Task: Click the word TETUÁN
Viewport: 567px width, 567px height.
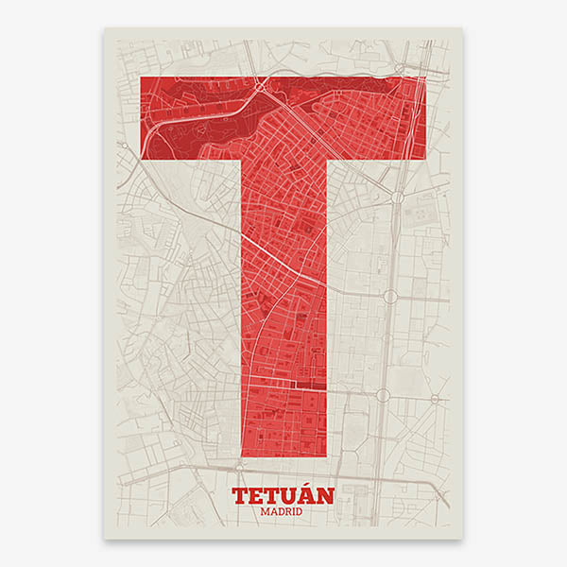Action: pyautogui.click(x=283, y=494)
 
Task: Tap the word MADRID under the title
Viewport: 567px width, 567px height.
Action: pyautogui.click(x=283, y=511)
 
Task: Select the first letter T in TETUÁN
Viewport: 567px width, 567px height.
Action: pyautogui.click(x=240, y=494)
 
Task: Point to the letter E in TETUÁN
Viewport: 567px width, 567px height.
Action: pyautogui.click(x=257, y=494)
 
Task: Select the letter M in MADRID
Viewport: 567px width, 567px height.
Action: pyautogui.click(x=265, y=511)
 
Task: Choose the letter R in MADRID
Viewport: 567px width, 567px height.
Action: pyautogui.click(x=287, y=511)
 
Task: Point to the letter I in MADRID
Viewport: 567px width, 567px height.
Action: pyautogui.click(x=294, y=511)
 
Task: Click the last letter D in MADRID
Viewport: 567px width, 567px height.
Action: pyautogui.click(x=301, y=511)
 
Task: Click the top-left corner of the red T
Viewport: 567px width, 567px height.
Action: pyautogui.click(x=142, y=77)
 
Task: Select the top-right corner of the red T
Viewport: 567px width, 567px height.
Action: pyautogui.click(x=424, y=77)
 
